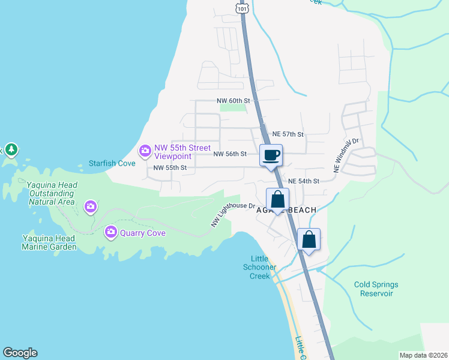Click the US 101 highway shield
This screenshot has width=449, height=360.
(241, 7)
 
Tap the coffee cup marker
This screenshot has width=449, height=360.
(271, 155)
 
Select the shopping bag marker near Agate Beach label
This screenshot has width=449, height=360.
(278, 199)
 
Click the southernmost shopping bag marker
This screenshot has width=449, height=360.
(309, 239)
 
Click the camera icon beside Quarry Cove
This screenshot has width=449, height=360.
(110, 232)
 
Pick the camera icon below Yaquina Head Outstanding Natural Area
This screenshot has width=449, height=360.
(90, 207)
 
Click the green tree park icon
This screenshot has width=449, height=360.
(11, 149)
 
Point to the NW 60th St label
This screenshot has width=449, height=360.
(237, 101)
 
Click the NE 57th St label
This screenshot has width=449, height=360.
(288, 134)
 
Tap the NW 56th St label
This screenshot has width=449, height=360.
(230, 154)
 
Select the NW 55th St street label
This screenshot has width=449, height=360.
(170, 168)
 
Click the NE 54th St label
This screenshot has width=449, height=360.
(304, 181)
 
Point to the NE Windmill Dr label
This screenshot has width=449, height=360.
(346, 157)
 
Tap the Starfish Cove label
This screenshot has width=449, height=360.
(111, 163)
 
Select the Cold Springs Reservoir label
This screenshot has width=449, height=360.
(376, 289)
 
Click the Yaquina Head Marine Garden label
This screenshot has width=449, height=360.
(49, 242)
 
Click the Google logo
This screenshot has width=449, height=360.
(20, 353)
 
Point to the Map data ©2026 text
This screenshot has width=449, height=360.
(423, 355)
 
